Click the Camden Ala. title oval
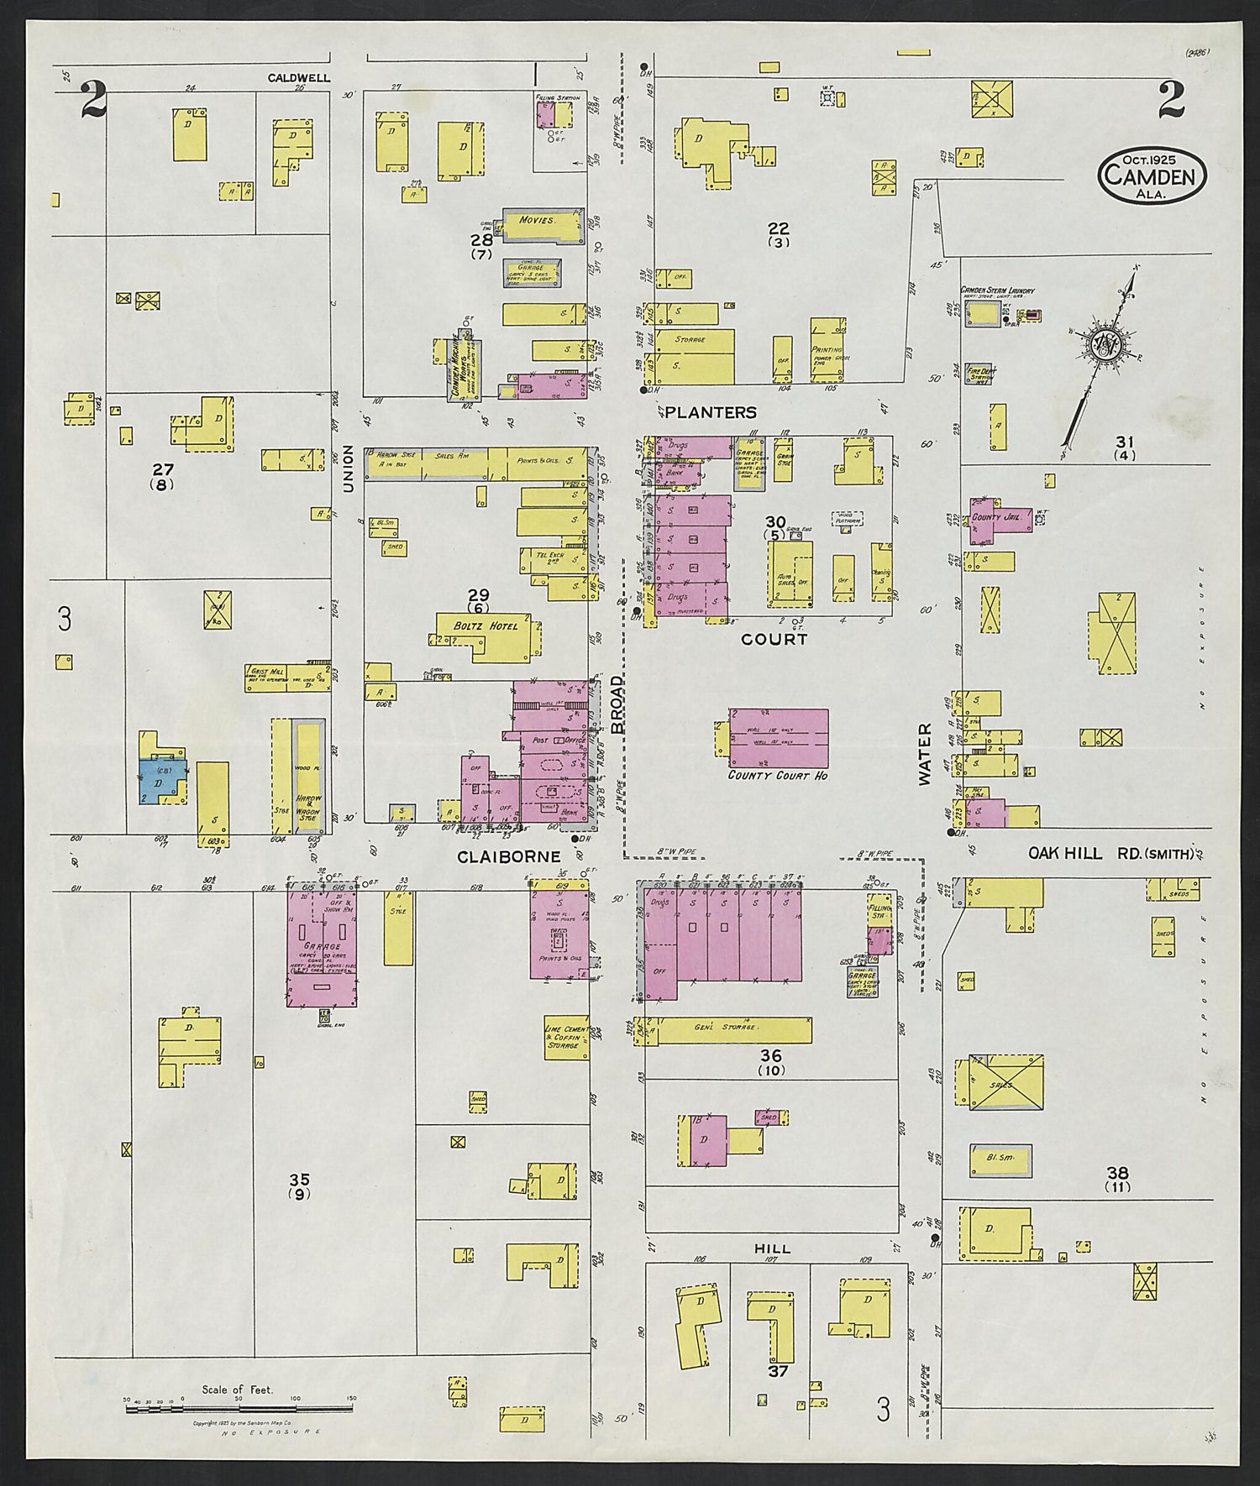[1152, 175]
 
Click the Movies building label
[538, 221]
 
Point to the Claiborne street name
[508, 857]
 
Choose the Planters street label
[718, 412]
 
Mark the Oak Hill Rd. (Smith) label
[1111, 854]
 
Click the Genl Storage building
[727, 1029]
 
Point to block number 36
[770, 1056]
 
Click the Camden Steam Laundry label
[997, 290]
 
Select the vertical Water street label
[925, 754]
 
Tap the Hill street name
[772, 1248]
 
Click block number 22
[778, 228]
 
